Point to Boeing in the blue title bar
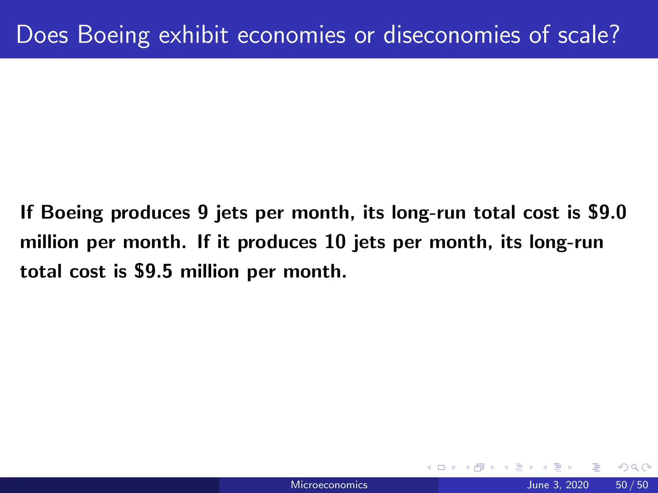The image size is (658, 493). [113, 35]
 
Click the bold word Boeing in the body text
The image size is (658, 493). [72, 213]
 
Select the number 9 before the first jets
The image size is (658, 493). [203, 212]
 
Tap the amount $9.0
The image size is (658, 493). [607, 212]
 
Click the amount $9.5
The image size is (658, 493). [154, 271]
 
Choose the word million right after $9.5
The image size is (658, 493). [209, 271]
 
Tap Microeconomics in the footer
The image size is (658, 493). [329, 485]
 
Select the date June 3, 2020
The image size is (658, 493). [558, 485]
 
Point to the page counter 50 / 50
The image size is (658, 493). [632, 485]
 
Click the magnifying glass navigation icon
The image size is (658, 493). [635, 468]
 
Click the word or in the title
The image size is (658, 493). [364, 35]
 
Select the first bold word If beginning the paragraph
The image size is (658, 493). [27, 212]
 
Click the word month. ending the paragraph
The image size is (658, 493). [315, 271]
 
